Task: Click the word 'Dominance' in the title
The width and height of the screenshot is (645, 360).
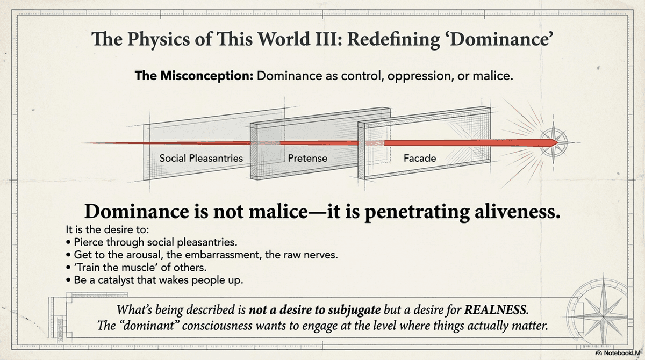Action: [x=503, y=40]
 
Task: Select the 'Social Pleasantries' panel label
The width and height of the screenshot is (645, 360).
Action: [x=201, y=159]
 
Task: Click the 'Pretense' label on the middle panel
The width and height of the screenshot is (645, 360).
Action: [x=307, y=159]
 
